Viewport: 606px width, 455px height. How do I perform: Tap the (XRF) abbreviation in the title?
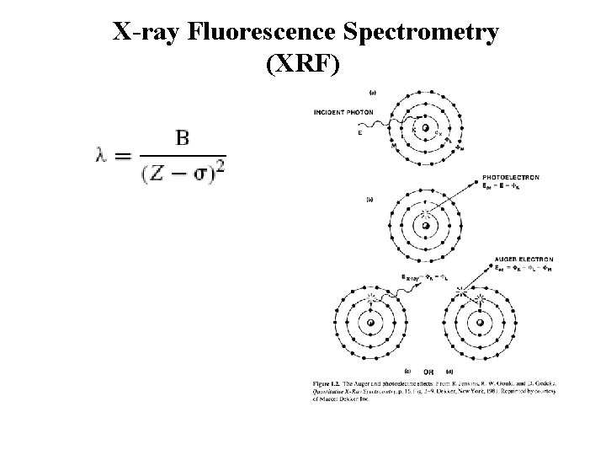303,66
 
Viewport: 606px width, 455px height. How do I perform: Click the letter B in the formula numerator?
182,137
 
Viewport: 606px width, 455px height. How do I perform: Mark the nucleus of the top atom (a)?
427,129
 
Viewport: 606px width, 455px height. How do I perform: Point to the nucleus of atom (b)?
427,225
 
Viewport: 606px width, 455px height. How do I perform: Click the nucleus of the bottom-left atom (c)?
370,323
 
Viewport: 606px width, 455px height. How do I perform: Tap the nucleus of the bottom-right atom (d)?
480,323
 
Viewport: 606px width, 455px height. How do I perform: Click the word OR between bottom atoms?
428,371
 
